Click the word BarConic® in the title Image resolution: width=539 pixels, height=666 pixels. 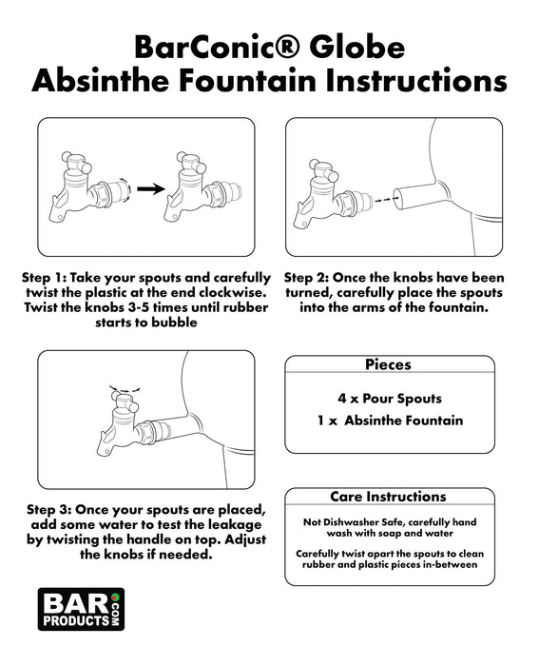[217, 47]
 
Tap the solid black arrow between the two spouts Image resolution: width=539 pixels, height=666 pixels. [150, 189]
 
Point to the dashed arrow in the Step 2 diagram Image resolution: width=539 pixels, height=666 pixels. [383, 199]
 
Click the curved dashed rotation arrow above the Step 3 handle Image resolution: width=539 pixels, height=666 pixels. [125, 388]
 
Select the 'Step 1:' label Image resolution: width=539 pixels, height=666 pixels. [44, 278]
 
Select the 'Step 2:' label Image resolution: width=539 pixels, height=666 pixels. [306, 278]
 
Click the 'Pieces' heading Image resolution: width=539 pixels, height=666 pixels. [389, 364]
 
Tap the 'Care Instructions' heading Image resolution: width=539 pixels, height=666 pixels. [389, 497]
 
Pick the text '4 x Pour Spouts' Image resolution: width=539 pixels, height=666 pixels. [390, 399]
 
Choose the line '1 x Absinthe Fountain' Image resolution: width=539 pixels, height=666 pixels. [390, 421]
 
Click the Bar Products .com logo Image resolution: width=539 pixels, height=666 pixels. [81, 609]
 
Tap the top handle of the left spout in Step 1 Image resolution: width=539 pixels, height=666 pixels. [77, 162]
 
